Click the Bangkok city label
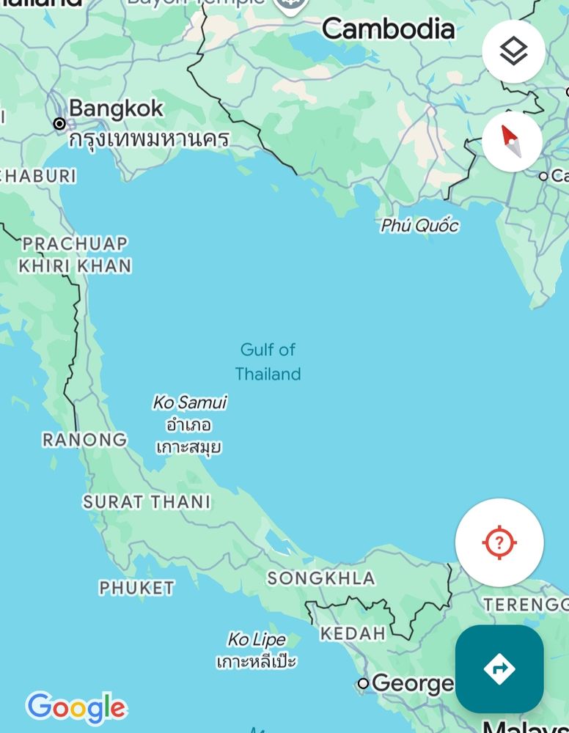click(x=116, y=108)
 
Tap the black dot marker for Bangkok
click(x=59, y=123)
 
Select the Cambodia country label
click(x=388, y=29)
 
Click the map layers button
click(x=513, y=51)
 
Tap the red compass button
click(x=512, y=141)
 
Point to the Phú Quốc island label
click(x=419, y=226)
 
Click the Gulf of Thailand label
click(x=268, y=361)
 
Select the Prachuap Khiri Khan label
click(x=75, y=254)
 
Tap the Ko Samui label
click(x=189, y=402)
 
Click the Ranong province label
click(x=84, y=440)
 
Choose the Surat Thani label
click(x=147, y=502)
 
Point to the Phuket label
click(x=137, y=588)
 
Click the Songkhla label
click(x=321, y=578)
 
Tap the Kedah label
click(x=353, y=633)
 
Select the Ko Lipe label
click(x=256, y=640)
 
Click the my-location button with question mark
click(x=499, y=542)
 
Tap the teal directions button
click(x=499, y=668)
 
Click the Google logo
click(x=76, y=708)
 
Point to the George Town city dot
click(x=363, y=684)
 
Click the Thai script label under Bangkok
click(x=149, y=139)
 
